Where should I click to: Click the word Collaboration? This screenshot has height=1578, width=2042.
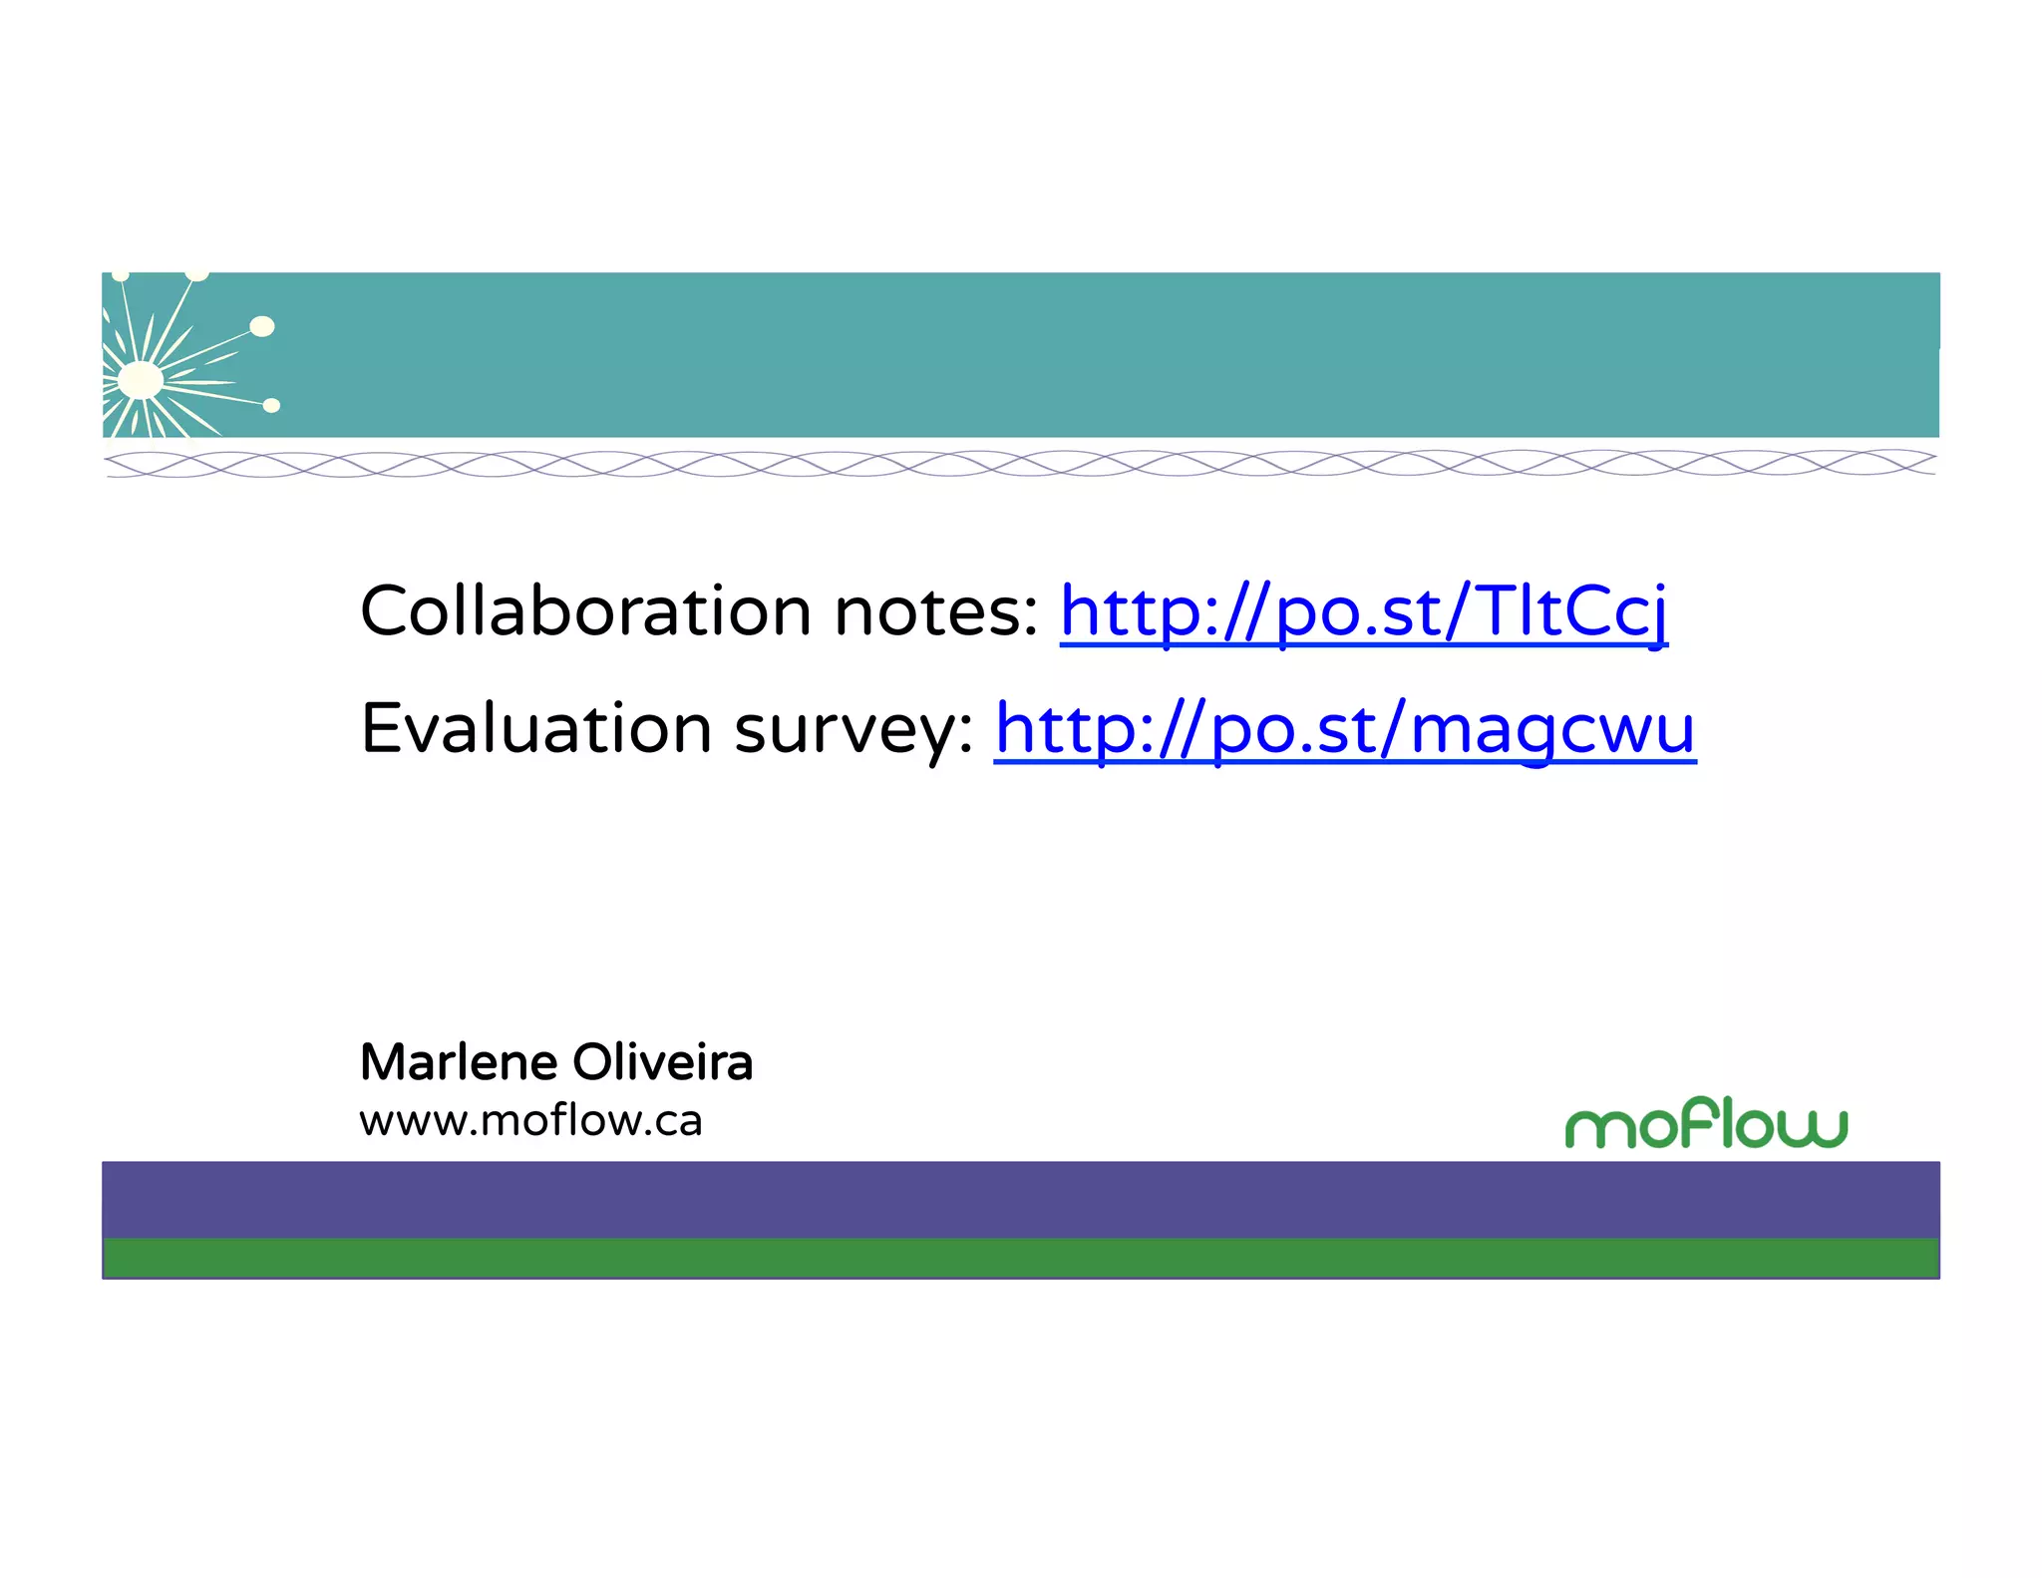(585, 610)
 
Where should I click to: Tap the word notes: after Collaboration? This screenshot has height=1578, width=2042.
(936, 611)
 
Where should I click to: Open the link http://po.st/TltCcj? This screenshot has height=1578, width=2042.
(1363, 611)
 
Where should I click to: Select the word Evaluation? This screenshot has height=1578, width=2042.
(535, 728)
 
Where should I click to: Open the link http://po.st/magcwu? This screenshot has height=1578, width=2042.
(1344, 729)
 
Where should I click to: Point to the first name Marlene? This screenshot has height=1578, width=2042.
(459, 1061)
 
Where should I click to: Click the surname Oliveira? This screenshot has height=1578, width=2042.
(662, 1061)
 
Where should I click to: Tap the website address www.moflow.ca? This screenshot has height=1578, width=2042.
(530, 1120)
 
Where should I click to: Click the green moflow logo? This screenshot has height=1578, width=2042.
(1706, 1124)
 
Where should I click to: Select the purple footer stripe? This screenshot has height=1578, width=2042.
(1021, 1199)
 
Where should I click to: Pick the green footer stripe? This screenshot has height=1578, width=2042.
(1021, 1258)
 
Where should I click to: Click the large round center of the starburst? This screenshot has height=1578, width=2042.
(141, 380)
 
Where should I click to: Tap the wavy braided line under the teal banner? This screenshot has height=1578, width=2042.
(1021, 463)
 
